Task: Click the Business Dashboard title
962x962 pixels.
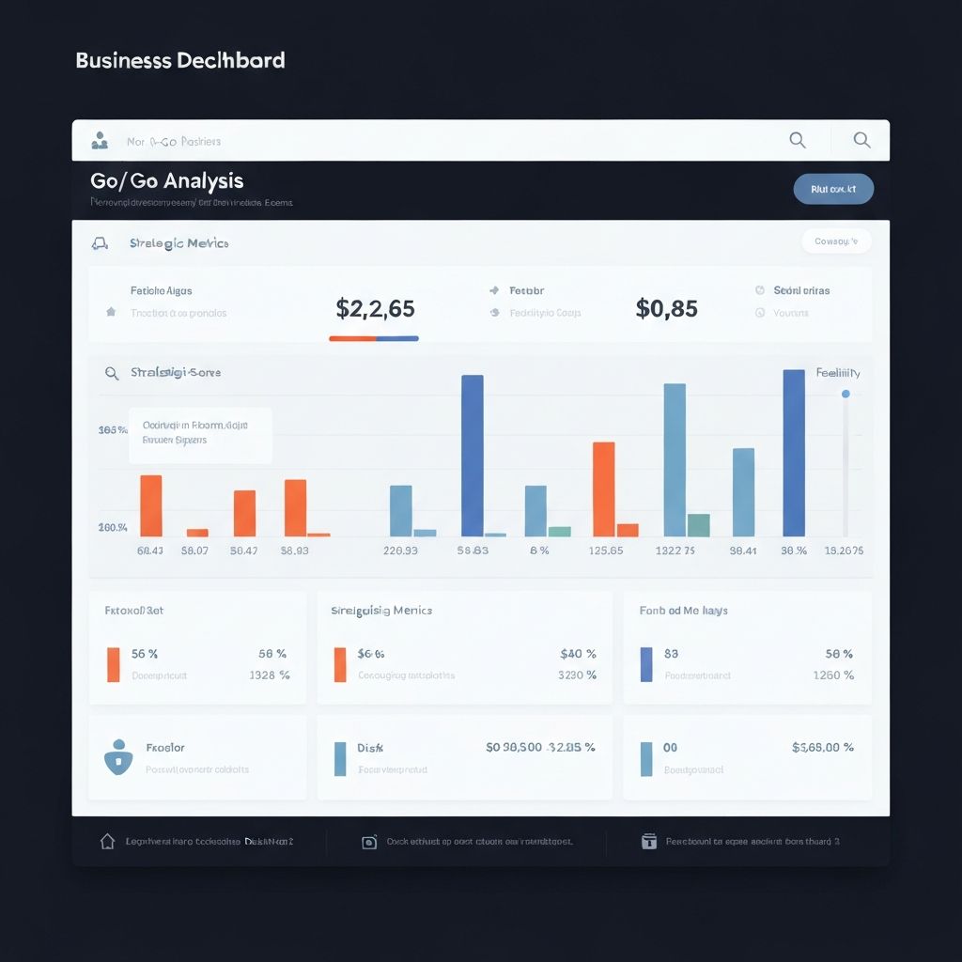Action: tap(180, 61)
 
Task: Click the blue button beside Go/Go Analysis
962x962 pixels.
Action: tap(833, 189)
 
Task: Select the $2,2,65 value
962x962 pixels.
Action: tap(375, 308)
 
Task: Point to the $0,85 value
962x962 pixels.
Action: tap(666, 308)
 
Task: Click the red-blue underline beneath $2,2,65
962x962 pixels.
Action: tap(374, 338)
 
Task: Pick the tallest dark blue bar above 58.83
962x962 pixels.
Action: tap(473, 455)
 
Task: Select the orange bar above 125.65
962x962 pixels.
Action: tap(604, 489)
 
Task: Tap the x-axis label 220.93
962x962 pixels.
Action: tap(400, 551)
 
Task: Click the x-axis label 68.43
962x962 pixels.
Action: tap(150, 551)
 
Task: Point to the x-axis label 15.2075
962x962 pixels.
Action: tap(843, 551)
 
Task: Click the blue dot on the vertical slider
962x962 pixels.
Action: tap(846, 394)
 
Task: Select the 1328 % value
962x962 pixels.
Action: tap(269, 675)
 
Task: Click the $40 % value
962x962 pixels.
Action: tap(578, 654)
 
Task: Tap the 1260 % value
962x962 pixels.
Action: tap(833, 675)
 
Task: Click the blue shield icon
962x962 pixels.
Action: tap(116, 756)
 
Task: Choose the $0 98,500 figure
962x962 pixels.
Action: tap(514, 748)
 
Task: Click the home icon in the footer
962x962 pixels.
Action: tap(108, 842)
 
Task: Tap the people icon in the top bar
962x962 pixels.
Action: tap(100, 141)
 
